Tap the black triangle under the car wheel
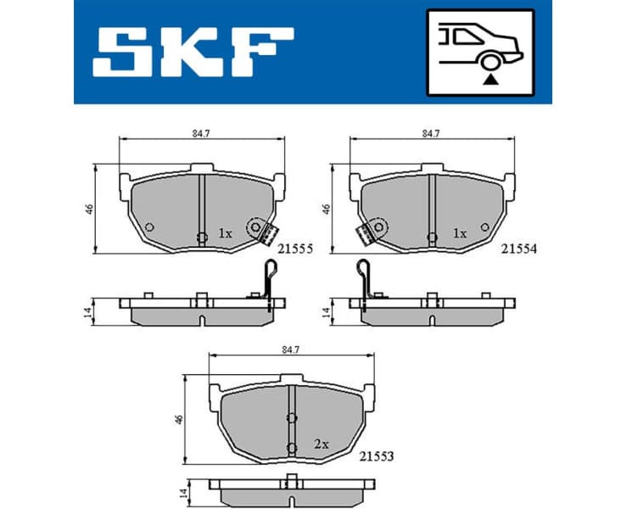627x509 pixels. (x=490, y=78)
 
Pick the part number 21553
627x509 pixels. (x=374, y=457)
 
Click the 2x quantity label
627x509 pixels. (x=322, y=444)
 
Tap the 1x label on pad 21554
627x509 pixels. (x=459, y=233)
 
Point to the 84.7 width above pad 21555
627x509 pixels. (x=202, y=132)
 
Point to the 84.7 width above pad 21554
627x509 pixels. (x=430, y=132)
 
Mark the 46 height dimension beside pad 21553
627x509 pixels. (x=180, y=419)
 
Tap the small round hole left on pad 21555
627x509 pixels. (x=148, y=227)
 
